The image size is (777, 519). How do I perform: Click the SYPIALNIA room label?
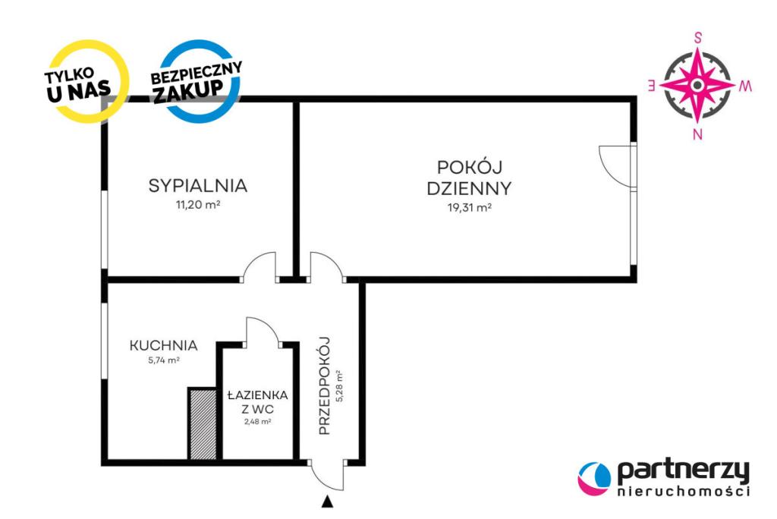[x=198, y=185]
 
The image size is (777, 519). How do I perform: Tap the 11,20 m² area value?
[x=198, y=204]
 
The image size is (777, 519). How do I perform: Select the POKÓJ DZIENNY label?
[x=469, y=178]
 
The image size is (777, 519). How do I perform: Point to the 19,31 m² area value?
[x=469, y=207]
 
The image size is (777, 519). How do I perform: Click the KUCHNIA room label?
[x=164, y=345]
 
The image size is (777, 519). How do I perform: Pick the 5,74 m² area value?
[x=164, y=360]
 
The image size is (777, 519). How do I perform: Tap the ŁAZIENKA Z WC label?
[x=258, y=402]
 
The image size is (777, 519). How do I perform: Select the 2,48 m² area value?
[x=258, y=422]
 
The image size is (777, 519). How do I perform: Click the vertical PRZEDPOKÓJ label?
[x=324, y=385]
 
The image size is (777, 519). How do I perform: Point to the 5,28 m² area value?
[x=339, y=385]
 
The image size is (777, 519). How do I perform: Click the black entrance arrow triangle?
[x=326, y=502]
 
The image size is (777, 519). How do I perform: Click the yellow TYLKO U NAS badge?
[x=85, y=81]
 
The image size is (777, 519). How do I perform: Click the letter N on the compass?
[x=697, y=134]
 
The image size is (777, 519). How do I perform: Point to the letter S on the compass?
[x=698, y=38]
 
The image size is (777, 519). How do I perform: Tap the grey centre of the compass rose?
[x=698, y=85]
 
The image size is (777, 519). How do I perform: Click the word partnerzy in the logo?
[x=684, y=473]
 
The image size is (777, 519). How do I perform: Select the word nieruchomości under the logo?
[x=684, y=491]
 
